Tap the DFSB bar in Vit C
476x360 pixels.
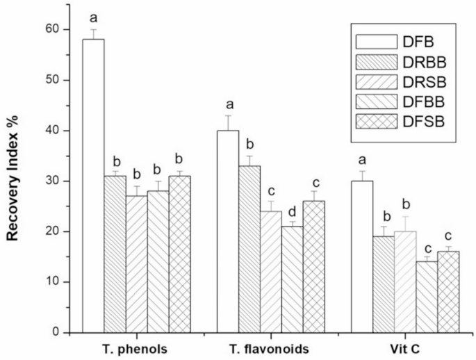pyautogui.click(x=448, y=291)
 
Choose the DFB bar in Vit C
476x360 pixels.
pyautogui.click(x=362, y=256)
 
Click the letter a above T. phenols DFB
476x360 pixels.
pyautogui.click(x=93, y=15)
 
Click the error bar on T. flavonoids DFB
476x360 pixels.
pyautogui.click(x=228, y=122)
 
